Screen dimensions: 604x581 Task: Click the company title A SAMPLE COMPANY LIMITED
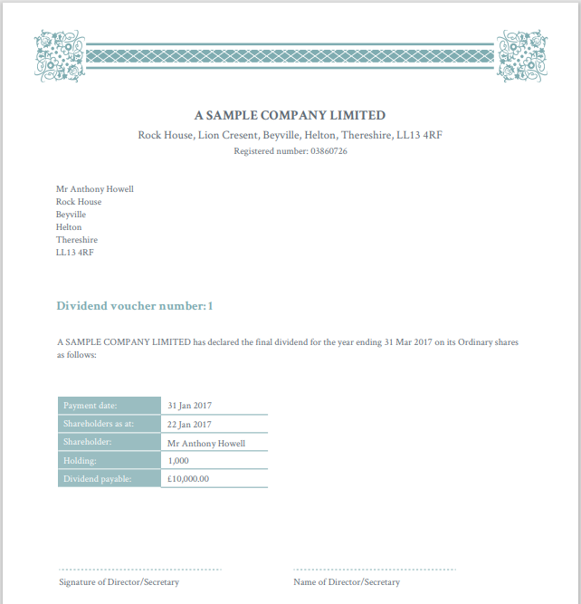[x=290, y=115]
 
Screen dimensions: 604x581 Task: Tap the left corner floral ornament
[x=59, y=56]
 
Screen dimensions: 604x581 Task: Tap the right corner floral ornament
[x=521, y=56]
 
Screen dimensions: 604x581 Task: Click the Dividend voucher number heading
[x=135, y=306]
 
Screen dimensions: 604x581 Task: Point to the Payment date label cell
[x=109, y=406]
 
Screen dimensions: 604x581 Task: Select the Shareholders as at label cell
[x=109, y=424]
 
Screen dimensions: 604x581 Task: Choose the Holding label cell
[x=109, y=461]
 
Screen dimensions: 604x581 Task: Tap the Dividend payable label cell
[x=109, y=479]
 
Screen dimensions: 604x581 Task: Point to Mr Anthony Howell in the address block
[x=94, y=189]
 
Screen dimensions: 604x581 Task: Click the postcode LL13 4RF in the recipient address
[x=74, y=253]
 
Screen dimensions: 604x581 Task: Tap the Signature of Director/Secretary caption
[x=119, y=582]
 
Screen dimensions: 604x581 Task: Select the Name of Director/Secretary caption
[x=347, y=582]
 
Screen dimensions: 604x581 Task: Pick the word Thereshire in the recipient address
[x=77, y=240]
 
